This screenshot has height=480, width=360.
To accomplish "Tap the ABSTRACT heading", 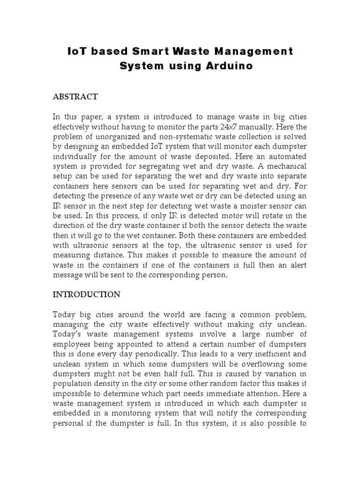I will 75,97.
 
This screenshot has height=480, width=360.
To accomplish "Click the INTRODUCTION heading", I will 86,295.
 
